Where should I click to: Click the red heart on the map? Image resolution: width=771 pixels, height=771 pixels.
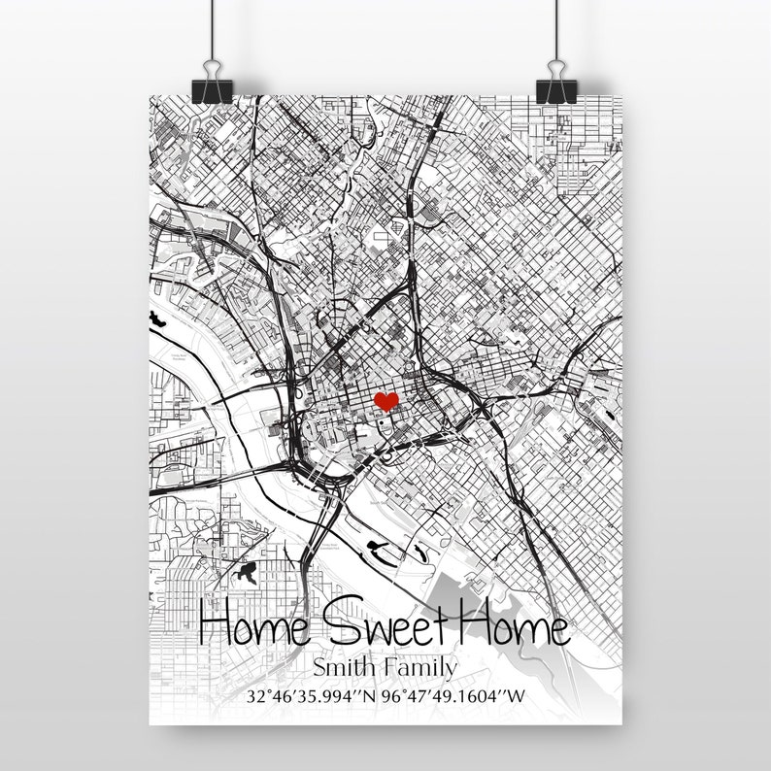(386, 401)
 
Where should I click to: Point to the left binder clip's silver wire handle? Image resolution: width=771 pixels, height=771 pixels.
(211, 63)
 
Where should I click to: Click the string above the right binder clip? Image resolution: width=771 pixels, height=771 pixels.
(556, 24)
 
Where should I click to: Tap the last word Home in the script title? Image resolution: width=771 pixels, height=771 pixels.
(518, 629)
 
